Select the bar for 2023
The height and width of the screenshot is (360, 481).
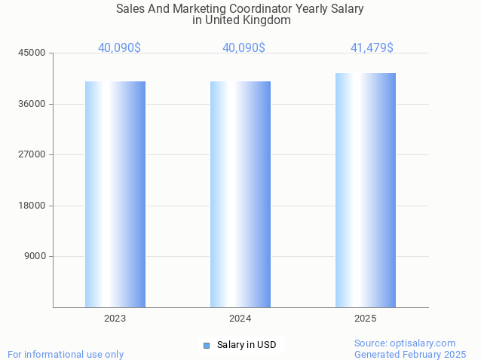pos(115,194)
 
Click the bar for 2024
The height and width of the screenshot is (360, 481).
pos(240,194)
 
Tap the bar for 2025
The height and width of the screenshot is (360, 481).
pos(366,190)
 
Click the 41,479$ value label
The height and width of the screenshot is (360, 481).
pos(372,47)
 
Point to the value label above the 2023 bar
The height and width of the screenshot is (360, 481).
pos(119,47)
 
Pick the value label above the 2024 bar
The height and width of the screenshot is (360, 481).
pos(244,47)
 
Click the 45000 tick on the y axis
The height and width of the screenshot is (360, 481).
pos(33,53)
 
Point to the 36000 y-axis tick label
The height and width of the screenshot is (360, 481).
pos(33,104)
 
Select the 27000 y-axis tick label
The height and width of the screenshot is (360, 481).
pos(33,154)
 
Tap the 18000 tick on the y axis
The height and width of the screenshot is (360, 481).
pos(33,206)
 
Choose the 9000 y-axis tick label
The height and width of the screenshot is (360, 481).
pos(35,256)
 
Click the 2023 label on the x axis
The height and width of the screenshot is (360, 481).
pos(115,319)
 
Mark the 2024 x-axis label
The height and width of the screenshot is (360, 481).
pos(240,319)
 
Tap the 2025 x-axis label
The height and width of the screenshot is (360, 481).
pos(366,319)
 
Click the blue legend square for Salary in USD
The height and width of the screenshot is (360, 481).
pos(206,345)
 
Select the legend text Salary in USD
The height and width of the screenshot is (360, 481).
pos(247,345)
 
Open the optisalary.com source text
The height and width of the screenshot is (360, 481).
pos(405,343)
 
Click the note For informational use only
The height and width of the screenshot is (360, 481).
pos(66,354)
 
